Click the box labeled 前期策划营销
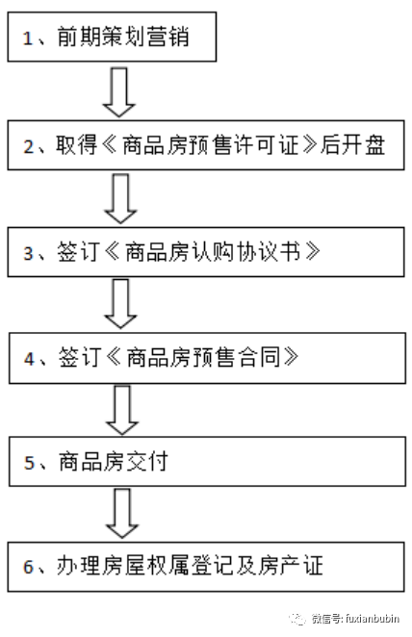coord(112,37)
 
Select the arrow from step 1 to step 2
coord(119,92)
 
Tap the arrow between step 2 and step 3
coord(120,198)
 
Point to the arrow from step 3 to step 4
coord(120,304)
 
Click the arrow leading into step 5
coord(122,410)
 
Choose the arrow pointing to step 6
coord(122,514)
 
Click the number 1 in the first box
coord(28,38)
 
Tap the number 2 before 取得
coord(29,146)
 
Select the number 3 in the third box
coord(29,253)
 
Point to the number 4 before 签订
coord(29,359)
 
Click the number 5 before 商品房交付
coord(30,463)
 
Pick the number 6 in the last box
coord(29,567)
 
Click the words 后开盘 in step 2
coord(352,145)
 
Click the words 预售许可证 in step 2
coord(245,145)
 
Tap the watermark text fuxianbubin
coord(373,619)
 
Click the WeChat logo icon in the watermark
coord(297,619)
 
